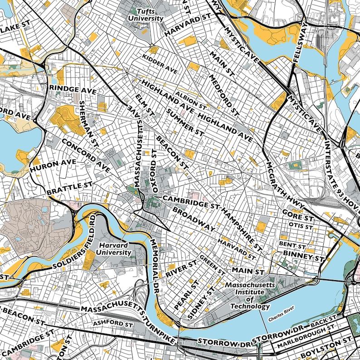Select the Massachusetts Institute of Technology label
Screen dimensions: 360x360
click(x=250, y=296)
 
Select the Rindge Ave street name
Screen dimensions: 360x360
click(x=73, y=89)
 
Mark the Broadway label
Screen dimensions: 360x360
click(x=193, y=219)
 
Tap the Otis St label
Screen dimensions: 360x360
click(x=301, y=225)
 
